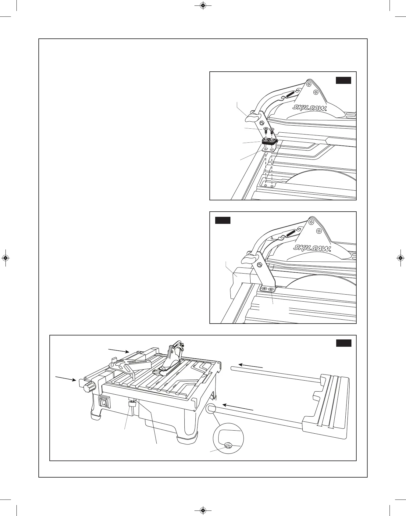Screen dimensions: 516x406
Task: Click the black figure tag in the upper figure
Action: click(343, 80)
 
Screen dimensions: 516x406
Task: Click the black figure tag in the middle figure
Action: click(223, 220)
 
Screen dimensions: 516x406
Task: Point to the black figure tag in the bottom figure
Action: click(344, 343)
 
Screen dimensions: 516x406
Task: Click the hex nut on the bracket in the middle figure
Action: click(260, 265)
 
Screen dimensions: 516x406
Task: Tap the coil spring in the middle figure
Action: click(291, 233)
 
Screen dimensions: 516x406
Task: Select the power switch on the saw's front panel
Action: click(104, 402)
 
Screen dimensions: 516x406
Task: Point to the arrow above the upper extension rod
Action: click(251, 366)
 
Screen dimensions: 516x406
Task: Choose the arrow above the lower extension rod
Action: click(238, 407)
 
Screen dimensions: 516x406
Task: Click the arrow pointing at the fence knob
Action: click(66, 378)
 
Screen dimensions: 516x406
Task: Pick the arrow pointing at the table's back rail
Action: click(119, 350)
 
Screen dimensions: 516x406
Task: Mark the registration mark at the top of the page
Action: click(203, 5)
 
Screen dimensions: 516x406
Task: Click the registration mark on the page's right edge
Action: click(401, 258)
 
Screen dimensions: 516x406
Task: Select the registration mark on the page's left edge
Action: click(5, 258)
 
